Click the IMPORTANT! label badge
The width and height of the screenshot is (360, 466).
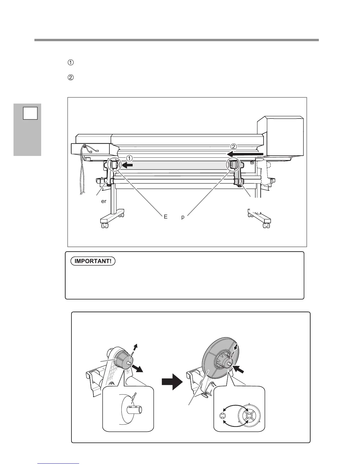93,261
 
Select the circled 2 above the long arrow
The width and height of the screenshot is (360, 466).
233,146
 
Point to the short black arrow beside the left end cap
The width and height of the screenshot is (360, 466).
127,166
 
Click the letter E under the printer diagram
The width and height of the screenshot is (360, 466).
166,217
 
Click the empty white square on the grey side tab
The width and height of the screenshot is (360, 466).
31,113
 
